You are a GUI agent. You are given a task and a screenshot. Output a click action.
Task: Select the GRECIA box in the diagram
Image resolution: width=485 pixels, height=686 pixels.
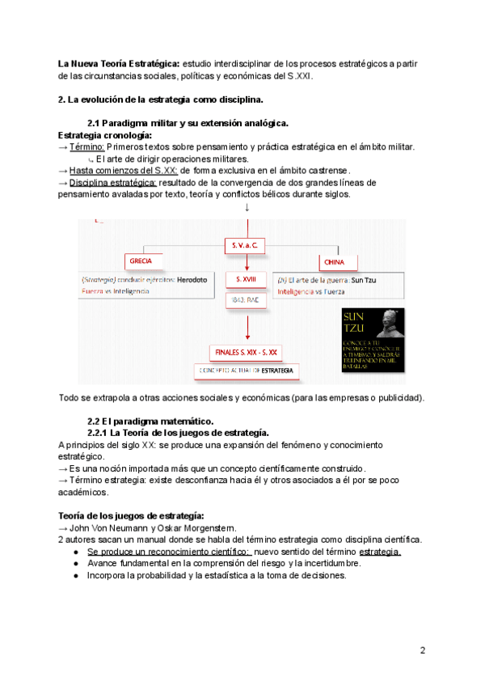[x=142, y=261]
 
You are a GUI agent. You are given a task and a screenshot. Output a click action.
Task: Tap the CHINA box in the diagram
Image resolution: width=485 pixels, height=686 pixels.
[x=333, y=262]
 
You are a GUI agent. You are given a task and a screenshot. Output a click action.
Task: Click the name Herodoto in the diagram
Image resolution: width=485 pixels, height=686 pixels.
[x=192, y=279]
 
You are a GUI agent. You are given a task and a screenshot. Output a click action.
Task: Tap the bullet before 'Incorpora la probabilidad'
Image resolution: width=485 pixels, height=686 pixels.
[x=75, y=575]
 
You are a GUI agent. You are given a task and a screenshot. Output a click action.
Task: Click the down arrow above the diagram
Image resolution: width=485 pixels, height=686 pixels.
[x=246, y=208]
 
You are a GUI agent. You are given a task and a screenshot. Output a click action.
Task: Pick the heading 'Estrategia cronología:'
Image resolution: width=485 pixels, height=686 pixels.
[x=105, y=134]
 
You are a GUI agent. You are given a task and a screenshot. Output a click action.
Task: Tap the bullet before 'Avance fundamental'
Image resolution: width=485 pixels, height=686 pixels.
[x=75, y=563]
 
